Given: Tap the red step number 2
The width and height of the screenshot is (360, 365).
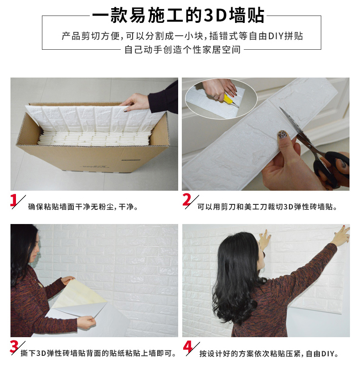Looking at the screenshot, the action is pyautogui.click(x=186, y=200).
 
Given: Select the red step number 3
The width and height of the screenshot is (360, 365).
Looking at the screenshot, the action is pyautogui.click(x=14, y=346).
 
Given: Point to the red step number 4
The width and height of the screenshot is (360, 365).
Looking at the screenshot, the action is pyautogui.click(x=187, y=347).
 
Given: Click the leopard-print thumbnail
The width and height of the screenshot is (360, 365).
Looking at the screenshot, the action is pyautogui.click(x=283, y=135).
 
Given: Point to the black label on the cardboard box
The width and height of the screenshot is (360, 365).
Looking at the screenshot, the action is pyautogui.click(x=131, y=160).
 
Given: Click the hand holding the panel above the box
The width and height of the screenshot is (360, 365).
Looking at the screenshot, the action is pyautogui.click(x=136, y=102).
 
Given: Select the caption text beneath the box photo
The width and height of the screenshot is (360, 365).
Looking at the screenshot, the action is pyautogui.click(x=83, y=207).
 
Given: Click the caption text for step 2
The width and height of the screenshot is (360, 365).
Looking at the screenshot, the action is pyautogui.click(x=267, y=207).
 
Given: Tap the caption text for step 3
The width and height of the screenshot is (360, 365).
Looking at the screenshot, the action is pyautogui.click(x=98, y=353).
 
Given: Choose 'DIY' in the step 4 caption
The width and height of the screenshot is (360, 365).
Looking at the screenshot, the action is pyautogui.click(x=328, y=354).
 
